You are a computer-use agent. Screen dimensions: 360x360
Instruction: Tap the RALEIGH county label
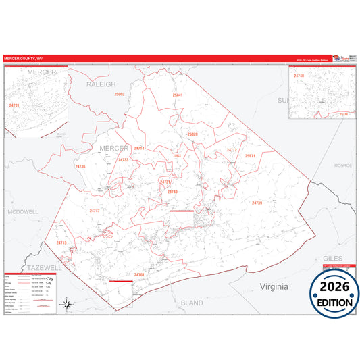pos(101,84)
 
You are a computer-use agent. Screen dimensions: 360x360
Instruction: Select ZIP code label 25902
pos(120,94)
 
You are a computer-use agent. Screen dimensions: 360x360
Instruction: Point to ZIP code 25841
pos(177,95)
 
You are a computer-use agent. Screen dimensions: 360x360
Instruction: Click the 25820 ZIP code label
pos(192,134)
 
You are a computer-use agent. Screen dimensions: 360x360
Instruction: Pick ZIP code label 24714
pos(139,148)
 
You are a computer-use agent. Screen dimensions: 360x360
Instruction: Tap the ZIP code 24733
pos(123,160)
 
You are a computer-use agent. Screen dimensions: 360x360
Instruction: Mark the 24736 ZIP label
pos(80,166)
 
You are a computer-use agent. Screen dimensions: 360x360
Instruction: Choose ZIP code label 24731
pos(165,182)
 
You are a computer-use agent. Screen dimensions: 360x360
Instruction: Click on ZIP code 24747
pos(95,211)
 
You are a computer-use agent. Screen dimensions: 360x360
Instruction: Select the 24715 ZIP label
pos(61,242)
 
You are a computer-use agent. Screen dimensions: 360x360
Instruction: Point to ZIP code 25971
pos(251,156)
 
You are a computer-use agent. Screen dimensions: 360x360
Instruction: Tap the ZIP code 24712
pos(232,150)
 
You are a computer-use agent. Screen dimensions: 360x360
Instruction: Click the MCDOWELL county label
pos(23,211)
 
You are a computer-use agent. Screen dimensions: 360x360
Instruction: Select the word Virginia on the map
pos(275,286)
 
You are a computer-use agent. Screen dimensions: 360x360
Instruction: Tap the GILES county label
pos(334,259)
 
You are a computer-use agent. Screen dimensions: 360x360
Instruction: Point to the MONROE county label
pos(343,165)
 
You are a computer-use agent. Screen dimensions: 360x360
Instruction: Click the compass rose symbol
pos(66,304)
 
